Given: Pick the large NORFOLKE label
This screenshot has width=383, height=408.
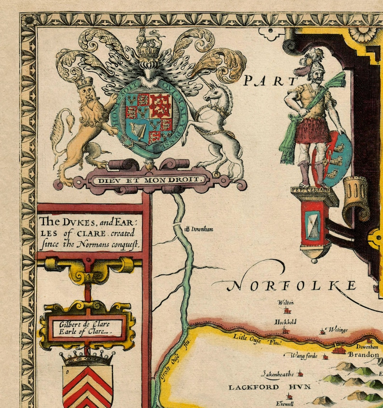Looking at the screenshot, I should tap(292, 286).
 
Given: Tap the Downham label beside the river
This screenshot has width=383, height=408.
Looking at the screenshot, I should tap(202, 229).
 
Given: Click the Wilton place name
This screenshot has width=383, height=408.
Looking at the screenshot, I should tap(286, 302).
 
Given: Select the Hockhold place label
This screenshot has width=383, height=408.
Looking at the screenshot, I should tap(285, 322).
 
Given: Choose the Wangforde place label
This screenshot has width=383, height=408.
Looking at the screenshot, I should tap(304, 355).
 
